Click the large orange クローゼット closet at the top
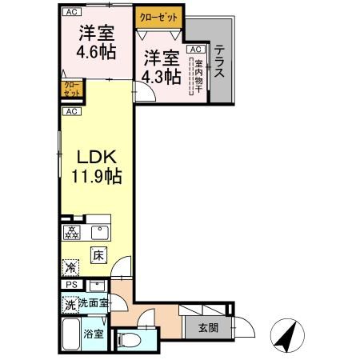click(158, 16)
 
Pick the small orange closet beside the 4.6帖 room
click(70, 88)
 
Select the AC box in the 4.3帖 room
click(194, 49)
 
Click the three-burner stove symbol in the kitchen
click(72, 234)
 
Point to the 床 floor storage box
click(98, 255)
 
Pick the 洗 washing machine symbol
click(70, 304)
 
